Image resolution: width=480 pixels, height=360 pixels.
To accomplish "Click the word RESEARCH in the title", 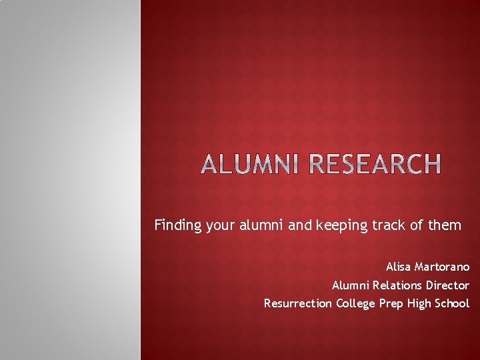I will tap(375, 164).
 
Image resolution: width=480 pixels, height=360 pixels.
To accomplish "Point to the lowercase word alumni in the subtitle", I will tap(264, 225).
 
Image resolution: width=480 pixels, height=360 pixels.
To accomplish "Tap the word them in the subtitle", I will tap(445, 225).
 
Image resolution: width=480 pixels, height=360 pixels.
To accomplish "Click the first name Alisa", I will tap(399, 267).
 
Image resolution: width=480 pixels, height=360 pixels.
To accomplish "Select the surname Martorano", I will tap(442, 267).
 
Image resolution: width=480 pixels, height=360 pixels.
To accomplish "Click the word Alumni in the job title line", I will tap(349, 285).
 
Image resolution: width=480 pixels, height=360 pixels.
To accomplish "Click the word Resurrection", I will tap(297, 303).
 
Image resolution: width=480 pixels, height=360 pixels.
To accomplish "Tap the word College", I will tap(356, 303).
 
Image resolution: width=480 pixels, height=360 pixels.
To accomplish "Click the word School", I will tap(453, 303).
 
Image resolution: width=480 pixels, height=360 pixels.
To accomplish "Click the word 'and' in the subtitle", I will tap(300, 225).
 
